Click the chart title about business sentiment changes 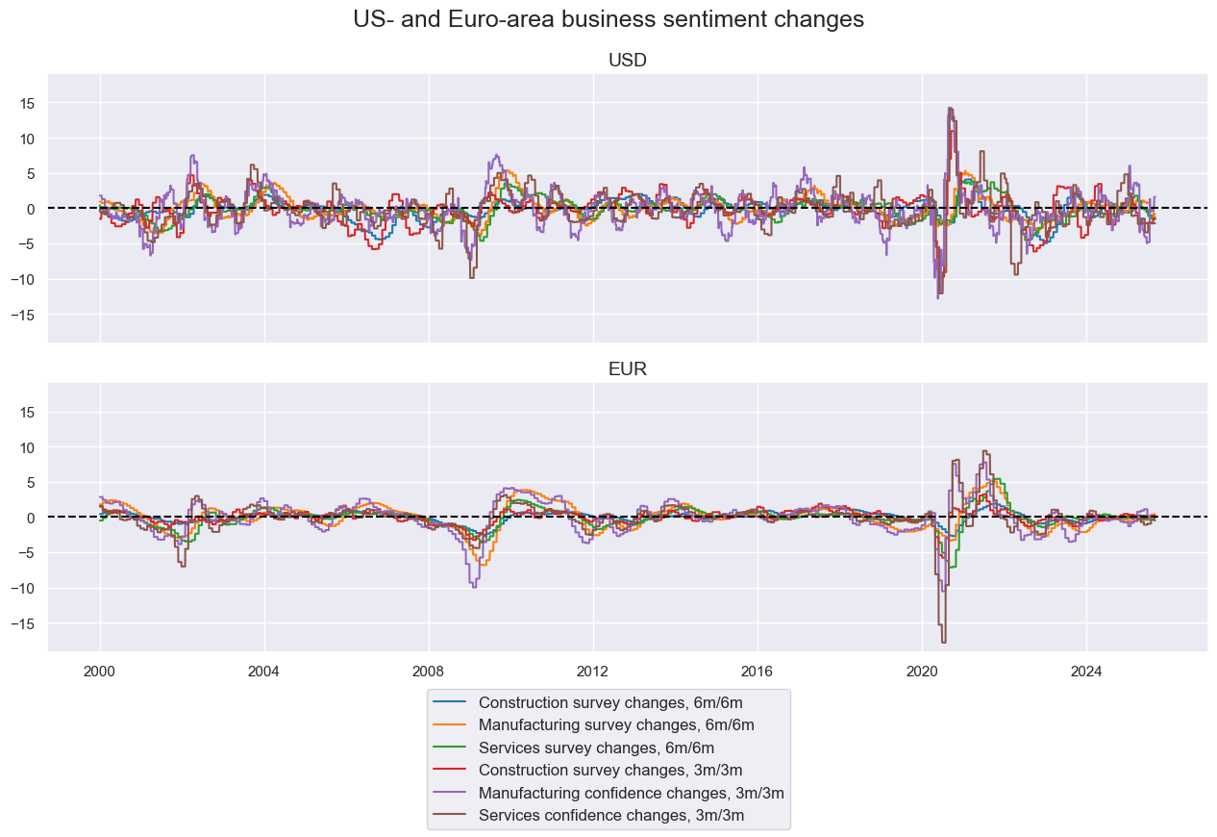tap(608, 19)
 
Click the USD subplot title tap(628, 61)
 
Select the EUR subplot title tap(628, 369)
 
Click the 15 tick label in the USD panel tap(28, 103)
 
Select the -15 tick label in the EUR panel tap(25, 623)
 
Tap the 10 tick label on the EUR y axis tap(28, 447)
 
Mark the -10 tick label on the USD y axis tap(25, 279)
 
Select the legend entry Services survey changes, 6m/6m tap(596, 748)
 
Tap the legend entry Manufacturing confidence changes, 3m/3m tap(631, 793)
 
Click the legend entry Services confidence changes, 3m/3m tap(611, 816)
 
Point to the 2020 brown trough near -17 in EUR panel tap(943, 641)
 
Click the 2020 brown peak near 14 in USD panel tap(950, 108)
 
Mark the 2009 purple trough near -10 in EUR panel tap(473, 586)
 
